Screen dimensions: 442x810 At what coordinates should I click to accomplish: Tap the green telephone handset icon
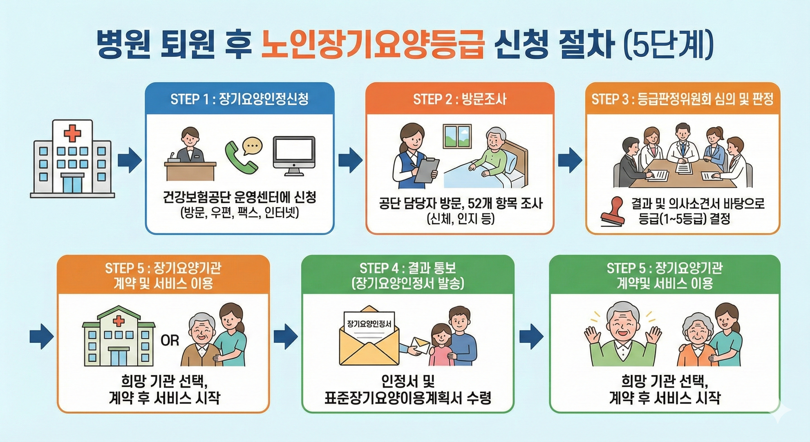click(x=240, y=156)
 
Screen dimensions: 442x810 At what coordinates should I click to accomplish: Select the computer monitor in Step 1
click(x=294, y=155)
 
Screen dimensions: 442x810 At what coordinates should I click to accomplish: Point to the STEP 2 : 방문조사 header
click(x=459, y=99)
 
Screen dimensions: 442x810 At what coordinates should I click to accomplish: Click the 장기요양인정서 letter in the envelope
click(x=369, y=323)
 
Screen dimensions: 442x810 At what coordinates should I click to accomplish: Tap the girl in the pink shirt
click(x=441, y=349)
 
